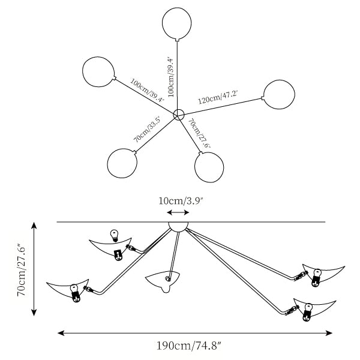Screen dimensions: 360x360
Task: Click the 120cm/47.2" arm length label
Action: point(218,97)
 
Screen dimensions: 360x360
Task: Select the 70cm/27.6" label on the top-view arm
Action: point(199,133)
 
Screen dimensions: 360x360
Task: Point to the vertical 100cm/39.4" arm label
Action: point(172,76)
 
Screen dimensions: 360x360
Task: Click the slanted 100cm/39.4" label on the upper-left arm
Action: point(148,90)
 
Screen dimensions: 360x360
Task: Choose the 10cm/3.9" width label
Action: point(181,201)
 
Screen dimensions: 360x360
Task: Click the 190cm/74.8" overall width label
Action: point(189,346)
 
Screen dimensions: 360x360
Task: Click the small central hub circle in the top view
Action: point(179,115)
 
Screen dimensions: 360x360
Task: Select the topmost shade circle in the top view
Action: point(177,24)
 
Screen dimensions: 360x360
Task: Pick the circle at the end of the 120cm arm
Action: point(279,94)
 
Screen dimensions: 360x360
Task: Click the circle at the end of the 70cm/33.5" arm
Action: point(122,163)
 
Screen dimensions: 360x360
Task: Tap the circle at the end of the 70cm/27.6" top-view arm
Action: point(209,167)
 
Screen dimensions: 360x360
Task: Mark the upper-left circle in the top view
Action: point(99,72)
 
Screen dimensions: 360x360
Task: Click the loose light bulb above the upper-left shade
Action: point(115,236)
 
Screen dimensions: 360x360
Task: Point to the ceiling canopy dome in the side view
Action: point(178,227)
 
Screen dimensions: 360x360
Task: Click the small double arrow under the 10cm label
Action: point(178,212)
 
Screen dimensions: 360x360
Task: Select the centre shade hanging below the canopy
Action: point(163,282)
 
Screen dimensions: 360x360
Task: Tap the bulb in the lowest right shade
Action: point(307,312)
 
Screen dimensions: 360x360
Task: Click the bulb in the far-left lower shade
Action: point(75,293)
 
